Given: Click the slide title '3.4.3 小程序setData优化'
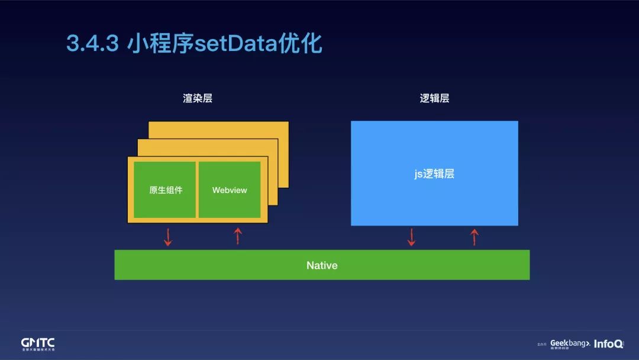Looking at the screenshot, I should [x=194, y=44].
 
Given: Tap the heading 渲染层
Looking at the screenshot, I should [x=198, y=99].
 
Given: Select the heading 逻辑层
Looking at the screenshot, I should [x=434, y=99].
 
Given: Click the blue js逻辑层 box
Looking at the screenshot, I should [x=434, y=148].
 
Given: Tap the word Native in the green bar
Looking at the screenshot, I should [x=322, y=265].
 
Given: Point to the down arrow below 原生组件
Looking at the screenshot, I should [x=168, y=237].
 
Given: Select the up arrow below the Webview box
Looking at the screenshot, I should [x=238, y=236].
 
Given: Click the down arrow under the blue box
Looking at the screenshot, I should [x=411, y=237].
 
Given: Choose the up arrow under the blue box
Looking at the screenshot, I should [x=474, y=237].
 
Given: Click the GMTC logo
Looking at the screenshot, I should [x=38, y=344].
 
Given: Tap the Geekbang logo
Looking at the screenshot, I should [x=570, y=343].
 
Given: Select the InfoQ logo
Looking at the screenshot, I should [x=608, y=343].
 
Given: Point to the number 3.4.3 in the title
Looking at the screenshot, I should [x=92, y=44].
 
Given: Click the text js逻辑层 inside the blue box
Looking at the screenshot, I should [x=434, y=174].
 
